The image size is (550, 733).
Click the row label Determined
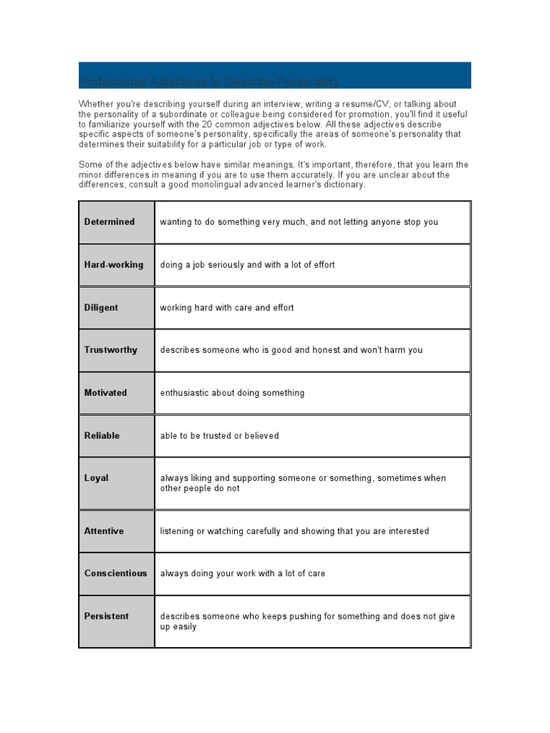tap(110, 222)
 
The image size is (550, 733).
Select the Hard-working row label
tap(114, 265)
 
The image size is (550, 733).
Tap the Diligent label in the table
tap(101, 308)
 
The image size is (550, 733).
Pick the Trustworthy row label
tap(111, 350)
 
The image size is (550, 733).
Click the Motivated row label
tap(105, 393)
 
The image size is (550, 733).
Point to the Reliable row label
tap(102, 435)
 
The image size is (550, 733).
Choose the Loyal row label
tap(97, 478)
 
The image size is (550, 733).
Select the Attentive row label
tap(104, 531)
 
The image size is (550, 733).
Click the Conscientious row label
tap(115, 573)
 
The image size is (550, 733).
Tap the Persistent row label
tap(107, 616)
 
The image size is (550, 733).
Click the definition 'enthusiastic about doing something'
tap(232, 393)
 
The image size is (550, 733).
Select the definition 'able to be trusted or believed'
tap(219, 435)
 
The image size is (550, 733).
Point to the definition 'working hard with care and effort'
tap(227, 308)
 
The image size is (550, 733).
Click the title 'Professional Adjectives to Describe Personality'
tap(208, 82)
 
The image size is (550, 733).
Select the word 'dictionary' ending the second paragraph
tap(343, 185)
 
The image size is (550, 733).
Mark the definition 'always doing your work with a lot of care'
tap(243, 573)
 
